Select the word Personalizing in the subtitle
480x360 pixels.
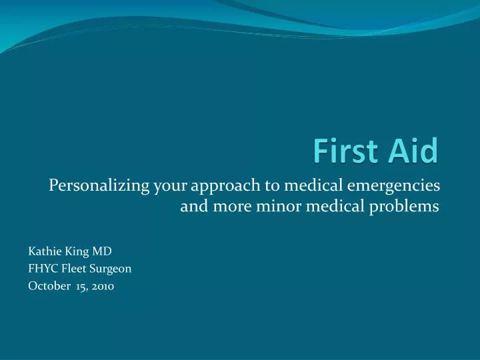(99, 186)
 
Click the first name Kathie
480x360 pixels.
(43, 251)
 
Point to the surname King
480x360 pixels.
(73, 251)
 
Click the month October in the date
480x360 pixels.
(46, 286)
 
